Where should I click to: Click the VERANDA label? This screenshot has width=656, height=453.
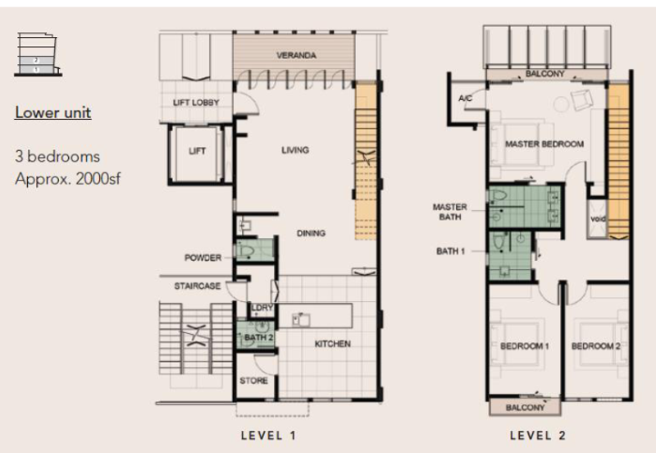[296, 55]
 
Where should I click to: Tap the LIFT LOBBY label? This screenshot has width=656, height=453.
[196, 103]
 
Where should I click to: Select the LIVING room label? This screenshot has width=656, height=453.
[295, 150]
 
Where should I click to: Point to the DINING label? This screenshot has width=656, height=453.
[311, 233]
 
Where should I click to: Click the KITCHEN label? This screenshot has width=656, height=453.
[333, 344]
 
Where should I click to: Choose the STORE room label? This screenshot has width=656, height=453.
[254, 381]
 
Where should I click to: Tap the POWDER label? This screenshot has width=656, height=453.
[203, 258]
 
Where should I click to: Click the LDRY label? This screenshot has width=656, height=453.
[262, 308]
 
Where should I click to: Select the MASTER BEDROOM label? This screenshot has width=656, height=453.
[544, 144]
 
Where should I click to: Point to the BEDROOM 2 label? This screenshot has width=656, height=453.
[596, 346]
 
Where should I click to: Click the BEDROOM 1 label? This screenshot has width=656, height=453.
[525, 346]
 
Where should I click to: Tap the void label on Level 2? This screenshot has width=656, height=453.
[598, 218]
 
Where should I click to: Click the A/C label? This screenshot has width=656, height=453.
[465, 98]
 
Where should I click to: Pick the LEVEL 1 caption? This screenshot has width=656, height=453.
[269, 436]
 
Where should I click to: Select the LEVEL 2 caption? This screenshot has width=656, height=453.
[538, 436]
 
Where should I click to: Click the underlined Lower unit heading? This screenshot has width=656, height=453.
[53, 112]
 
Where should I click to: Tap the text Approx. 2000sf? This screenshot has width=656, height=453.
[68, 179]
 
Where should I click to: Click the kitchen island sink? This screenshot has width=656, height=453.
[301, 320]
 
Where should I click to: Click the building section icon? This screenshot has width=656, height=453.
[38, 54]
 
